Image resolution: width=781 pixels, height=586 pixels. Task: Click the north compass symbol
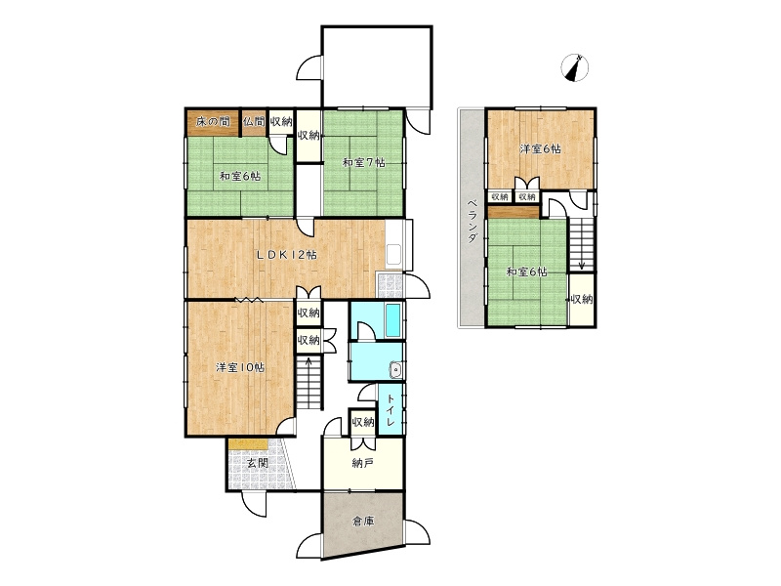coord(575,67)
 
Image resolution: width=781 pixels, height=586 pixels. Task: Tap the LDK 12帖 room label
coord(286,255)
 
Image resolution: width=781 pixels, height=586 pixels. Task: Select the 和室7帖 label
coord(363,162)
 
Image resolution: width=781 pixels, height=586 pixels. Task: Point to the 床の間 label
coord(213,121)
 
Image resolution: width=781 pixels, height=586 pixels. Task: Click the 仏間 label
coord(254,121)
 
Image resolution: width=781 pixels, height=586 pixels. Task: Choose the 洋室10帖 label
coord(240,368)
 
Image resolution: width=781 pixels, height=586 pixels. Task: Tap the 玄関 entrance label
coord(258,463)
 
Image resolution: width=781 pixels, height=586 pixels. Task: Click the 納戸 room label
coord(362,463)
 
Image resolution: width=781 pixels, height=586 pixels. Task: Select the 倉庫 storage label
coord(362,522)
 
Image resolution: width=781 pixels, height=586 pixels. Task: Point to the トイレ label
coord(390,409)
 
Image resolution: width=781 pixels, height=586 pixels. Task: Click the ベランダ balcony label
coord(472,222)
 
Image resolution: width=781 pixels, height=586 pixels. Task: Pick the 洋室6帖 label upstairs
coord(541,148)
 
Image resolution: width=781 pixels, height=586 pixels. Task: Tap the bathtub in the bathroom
coord(393,320)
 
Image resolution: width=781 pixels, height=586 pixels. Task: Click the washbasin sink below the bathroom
coord(396,370)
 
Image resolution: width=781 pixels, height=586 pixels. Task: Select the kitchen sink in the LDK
coord(394,255)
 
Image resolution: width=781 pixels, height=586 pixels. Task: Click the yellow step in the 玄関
coord(249,444)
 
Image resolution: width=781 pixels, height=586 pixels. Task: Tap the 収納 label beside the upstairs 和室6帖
coord(581,300)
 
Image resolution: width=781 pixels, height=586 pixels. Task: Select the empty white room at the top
coord(377,66)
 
